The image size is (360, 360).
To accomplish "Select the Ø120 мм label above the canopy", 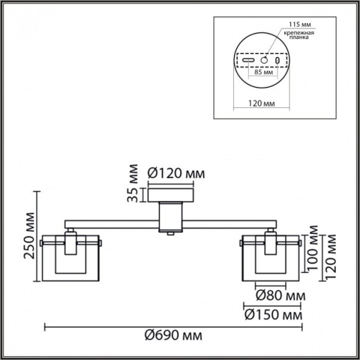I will (x=177, y=173).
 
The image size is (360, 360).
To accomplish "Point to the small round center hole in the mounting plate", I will (x=264, y=61).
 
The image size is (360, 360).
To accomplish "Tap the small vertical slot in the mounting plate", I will (x=277, y=61).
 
